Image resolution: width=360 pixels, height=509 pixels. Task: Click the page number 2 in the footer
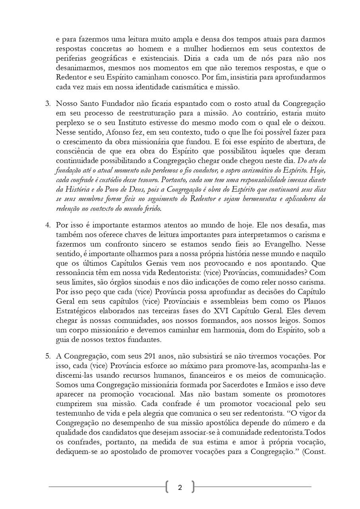click(x=180, y=488)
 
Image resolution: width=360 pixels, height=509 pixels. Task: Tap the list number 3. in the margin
click(x=48, y=104)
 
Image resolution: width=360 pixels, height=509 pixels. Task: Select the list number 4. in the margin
click(x=48, y=225)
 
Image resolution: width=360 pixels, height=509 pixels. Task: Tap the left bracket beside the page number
click(x=167, y=487)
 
